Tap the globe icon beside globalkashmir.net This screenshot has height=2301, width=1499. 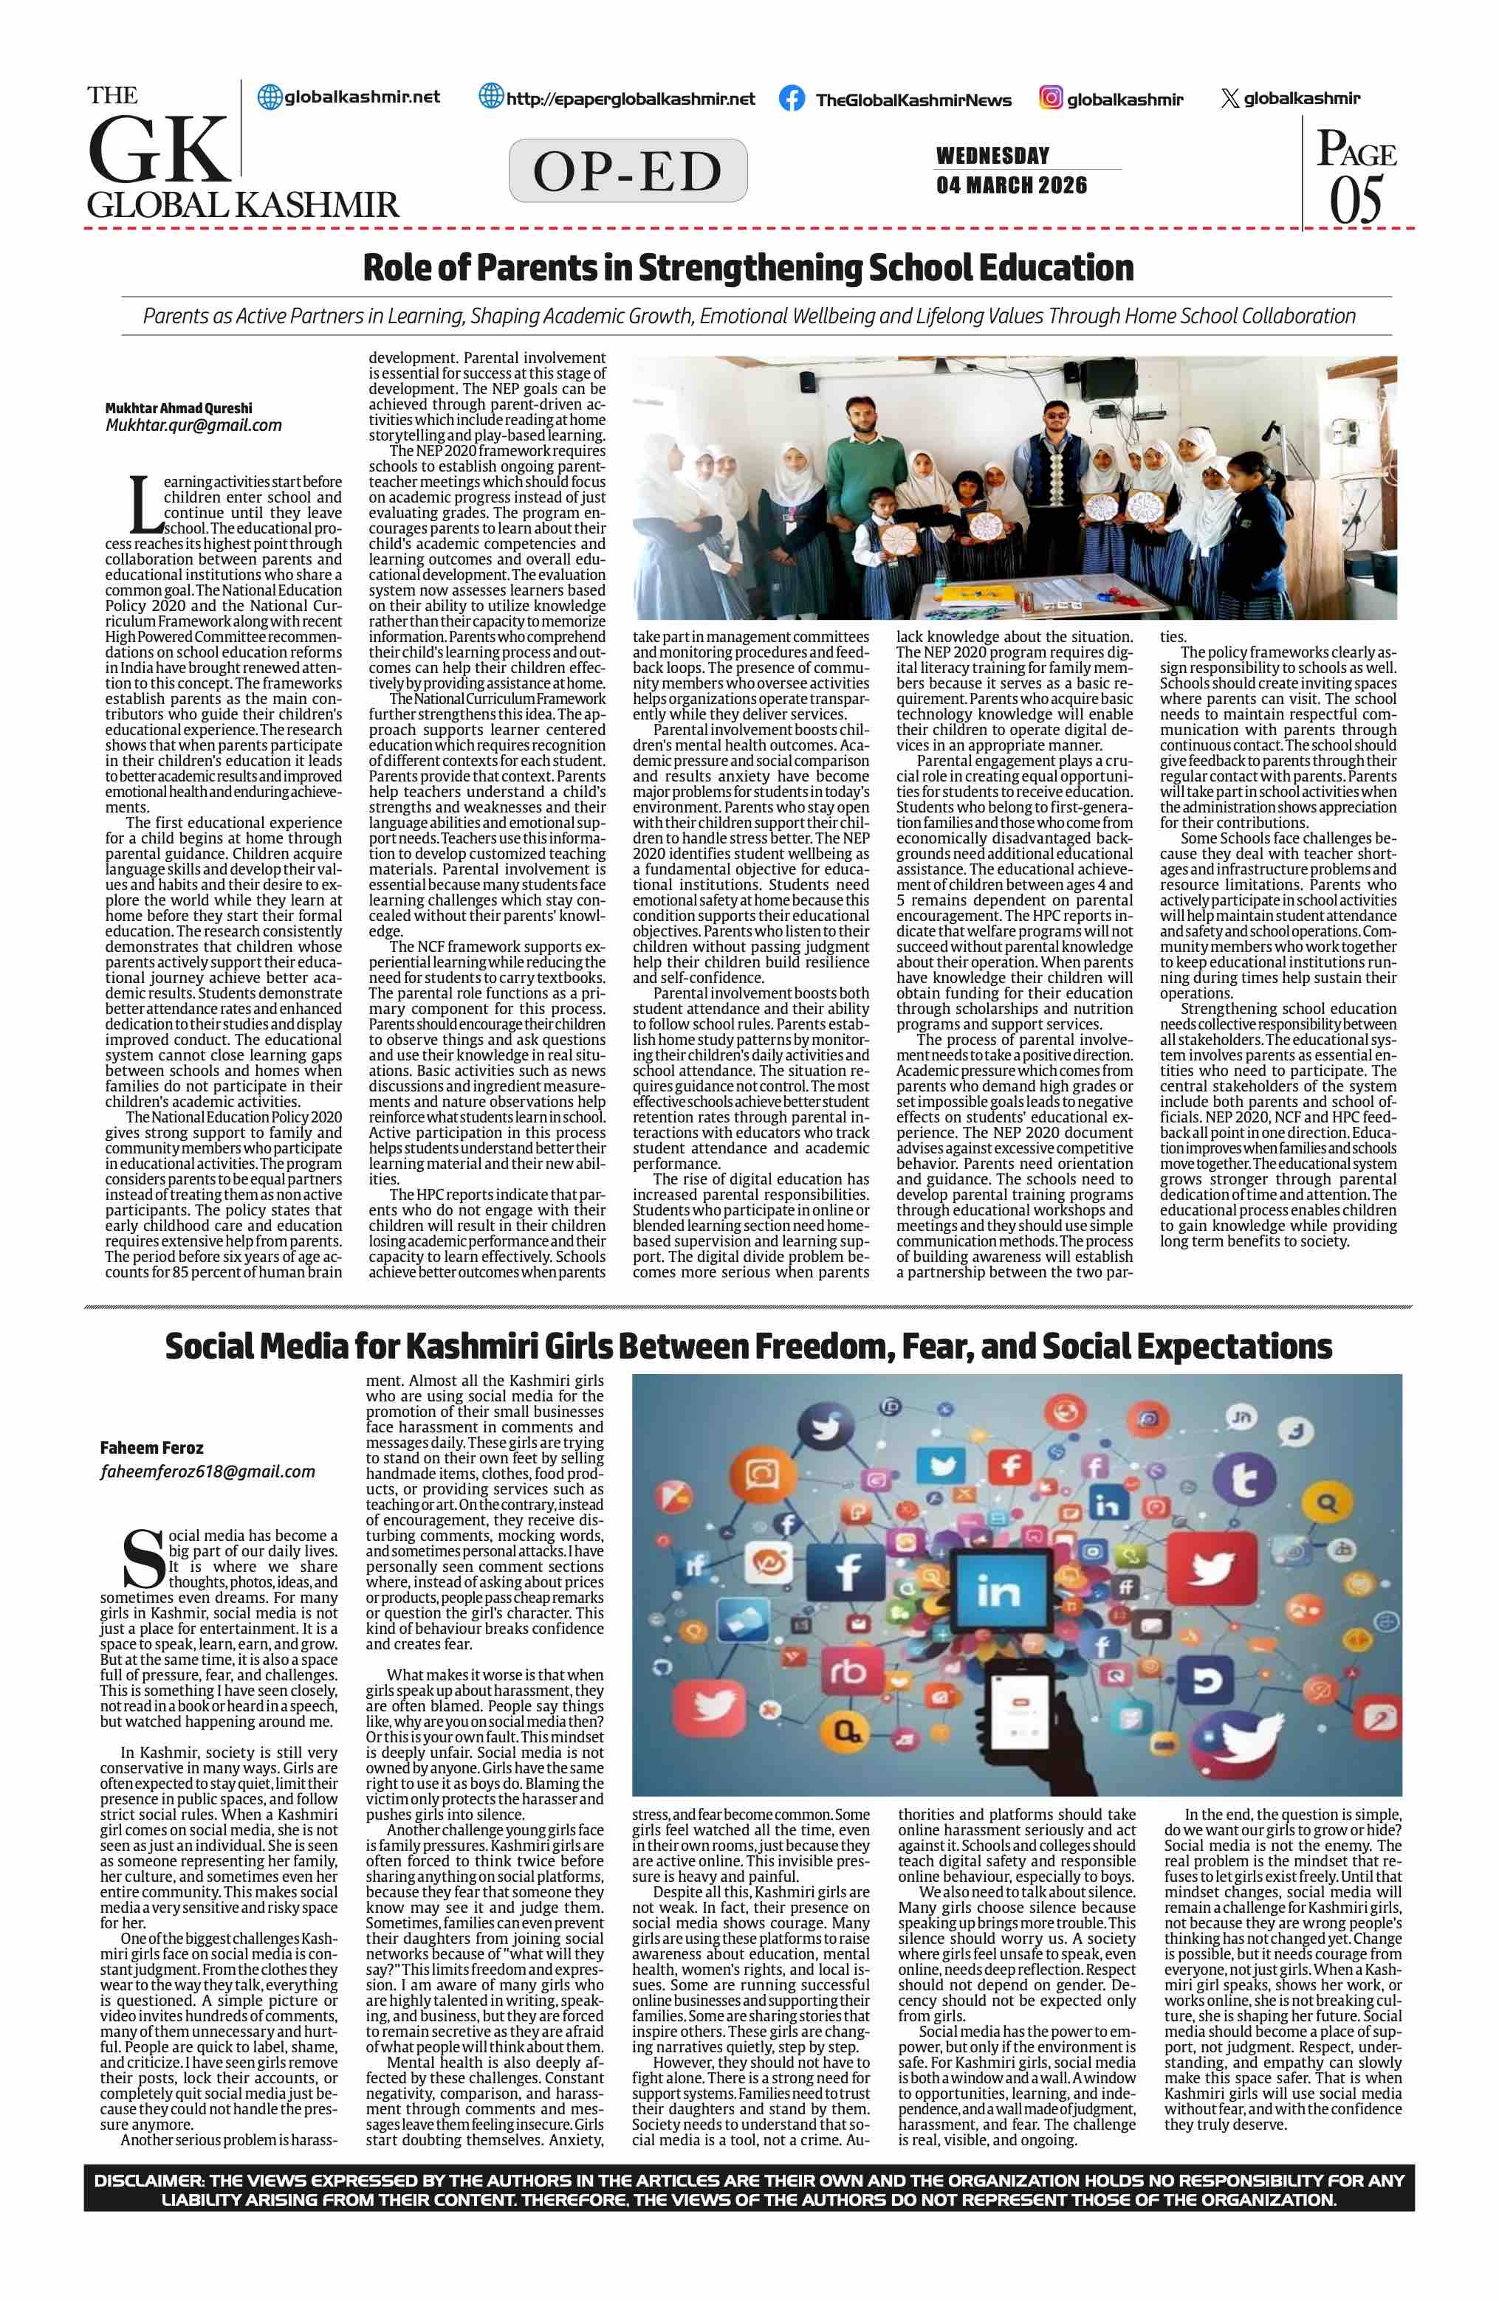[x=269, y=97]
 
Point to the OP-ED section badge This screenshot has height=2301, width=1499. [x=628, y=171]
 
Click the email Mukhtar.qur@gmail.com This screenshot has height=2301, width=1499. [x=193, y=425]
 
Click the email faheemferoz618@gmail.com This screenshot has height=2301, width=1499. [x=207, y=1472]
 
